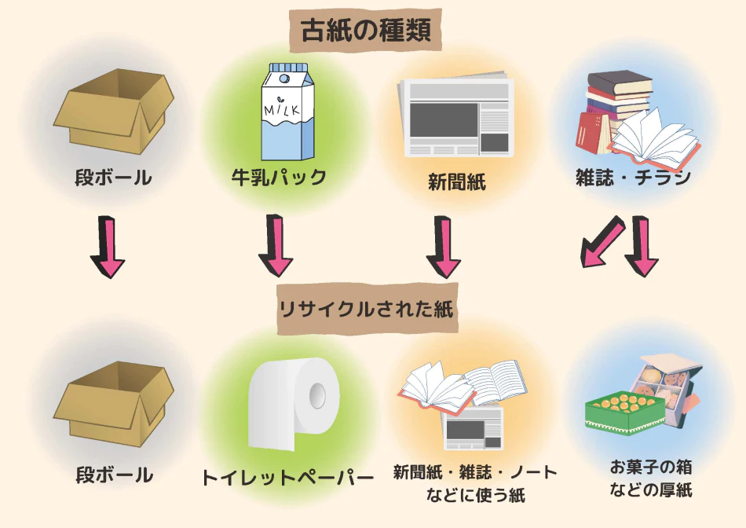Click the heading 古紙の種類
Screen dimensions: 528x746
click(x=371, y=31)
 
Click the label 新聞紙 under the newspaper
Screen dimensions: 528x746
click(x=456, y=182)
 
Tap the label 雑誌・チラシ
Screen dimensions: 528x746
click(x=633, y=178)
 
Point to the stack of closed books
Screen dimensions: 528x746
click(x=616, y=102)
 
